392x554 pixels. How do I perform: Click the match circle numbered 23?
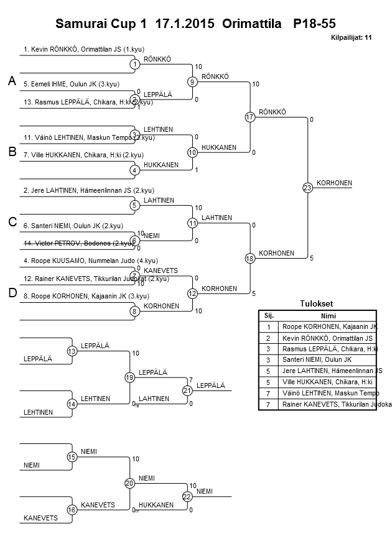pyautogui.click(x=307, y=187)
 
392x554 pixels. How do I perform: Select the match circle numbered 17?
pyautogui.click(x=250, y=117)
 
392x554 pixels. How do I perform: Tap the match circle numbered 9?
pyautogui.click(x=192, y=81)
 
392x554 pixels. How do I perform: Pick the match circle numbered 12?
pyautogui.click(x=192, y=293)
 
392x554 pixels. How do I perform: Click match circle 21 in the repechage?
pyautogui.click(x=187, y=390)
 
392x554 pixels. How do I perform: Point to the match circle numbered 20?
pyautogui.click(x=129, y=483)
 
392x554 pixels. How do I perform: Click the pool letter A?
pyautogui.click(x=12, y=81)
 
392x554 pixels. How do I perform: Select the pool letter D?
pyautogui.click(x=12, y=293)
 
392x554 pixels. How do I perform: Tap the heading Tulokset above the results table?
pyautogui.click(x=317, y=304)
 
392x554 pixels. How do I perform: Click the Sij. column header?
pyautogui.click(x=269, y=315)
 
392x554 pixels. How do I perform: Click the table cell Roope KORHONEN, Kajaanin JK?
pyautogui.click(x=329, y=326)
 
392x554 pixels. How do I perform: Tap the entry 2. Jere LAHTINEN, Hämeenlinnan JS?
pyautogui.click(x=88, y=190)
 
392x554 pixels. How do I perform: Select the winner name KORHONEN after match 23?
pyautogui.click(x=334, y=183)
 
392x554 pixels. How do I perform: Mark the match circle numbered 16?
pyautogui.click(x=72, y=510)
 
